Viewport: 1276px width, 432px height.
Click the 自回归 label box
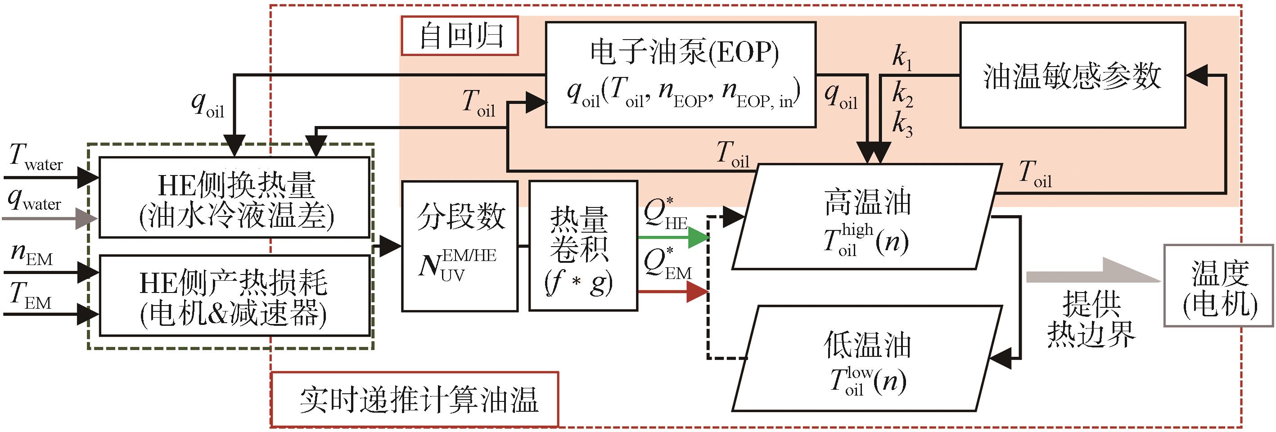pos(460,36)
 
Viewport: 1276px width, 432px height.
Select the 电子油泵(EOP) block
pos(681,75)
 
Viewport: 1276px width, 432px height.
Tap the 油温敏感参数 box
pos(1073,75)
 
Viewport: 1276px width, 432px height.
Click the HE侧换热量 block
pos(235,197)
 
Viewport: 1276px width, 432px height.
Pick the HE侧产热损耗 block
pos(235,296)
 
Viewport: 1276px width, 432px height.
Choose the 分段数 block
pos(460,246)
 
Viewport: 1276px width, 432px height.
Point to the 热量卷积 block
pos(583,246)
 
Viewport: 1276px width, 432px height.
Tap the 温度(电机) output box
pos(1218,286)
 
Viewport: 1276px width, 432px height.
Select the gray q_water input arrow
pos(50,219)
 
